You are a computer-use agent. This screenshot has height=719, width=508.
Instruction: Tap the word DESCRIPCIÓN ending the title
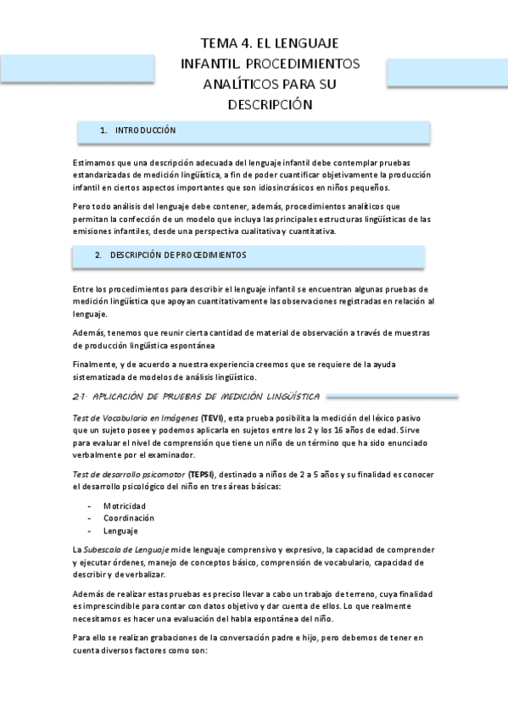coord(271,105)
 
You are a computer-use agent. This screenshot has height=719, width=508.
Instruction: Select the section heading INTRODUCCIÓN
coord(145,131)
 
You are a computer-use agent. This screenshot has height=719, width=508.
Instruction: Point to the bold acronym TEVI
coord(212,418)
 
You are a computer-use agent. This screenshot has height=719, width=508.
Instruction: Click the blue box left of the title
coord(77,68)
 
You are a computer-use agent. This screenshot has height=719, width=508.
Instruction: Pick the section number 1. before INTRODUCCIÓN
coord(103,131)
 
